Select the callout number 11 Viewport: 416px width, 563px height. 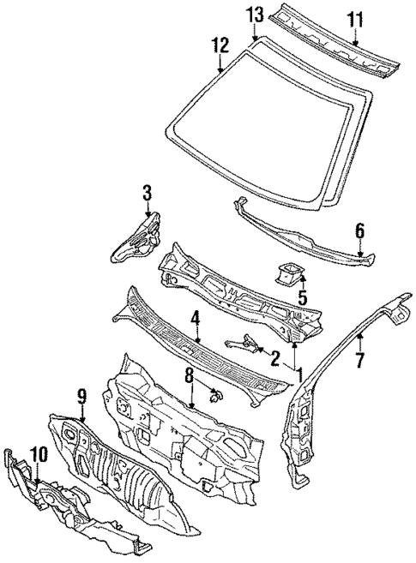click(355, 18)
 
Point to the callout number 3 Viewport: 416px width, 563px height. click(147, 191)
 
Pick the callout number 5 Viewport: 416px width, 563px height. click(301, 298)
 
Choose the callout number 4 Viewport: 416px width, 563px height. click(196, 318)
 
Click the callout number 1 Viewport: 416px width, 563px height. click(299, 374)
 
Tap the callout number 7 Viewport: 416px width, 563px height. click(360, 359)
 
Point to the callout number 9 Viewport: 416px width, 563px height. click(81, 397)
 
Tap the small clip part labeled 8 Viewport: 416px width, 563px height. click(216, 396)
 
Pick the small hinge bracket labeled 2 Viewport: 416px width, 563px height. click(244, 343)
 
